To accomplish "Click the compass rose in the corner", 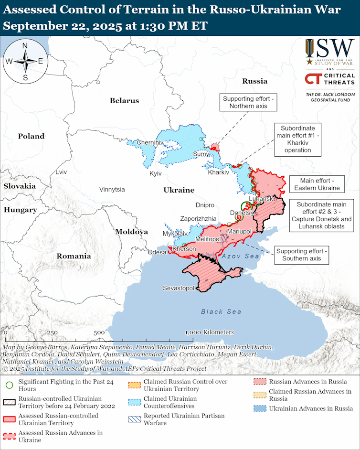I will (25, 61).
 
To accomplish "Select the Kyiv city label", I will (156, 173).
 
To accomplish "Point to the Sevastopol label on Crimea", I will (178, 288).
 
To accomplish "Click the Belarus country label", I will (124, 100).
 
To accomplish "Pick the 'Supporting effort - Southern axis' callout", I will (302, 255).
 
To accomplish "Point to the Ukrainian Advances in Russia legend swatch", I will (260, 408).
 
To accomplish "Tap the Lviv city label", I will (61, 172).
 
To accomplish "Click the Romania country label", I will (74, 256).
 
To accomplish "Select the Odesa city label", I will (157, 252).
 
